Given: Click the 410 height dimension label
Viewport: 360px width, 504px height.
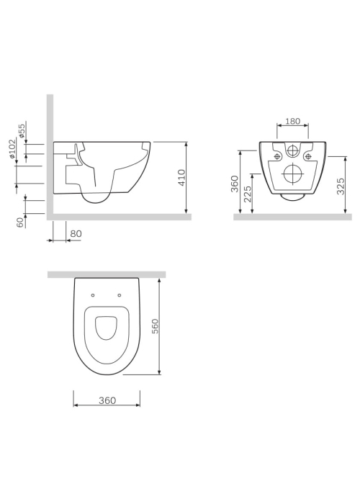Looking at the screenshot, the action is [181, 178].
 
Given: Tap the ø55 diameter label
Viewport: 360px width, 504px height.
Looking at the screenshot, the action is [22, 131].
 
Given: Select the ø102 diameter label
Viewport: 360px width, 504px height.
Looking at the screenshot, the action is [12, 148].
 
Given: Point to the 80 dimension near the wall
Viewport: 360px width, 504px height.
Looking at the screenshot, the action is [76, 233].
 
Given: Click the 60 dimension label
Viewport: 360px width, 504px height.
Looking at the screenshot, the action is [21, 222].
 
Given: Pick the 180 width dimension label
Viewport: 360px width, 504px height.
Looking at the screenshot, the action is [293, 121].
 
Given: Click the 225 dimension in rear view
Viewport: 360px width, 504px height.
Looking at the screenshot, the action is [248, 194].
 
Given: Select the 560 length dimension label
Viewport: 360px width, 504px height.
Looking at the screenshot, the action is [155, 326].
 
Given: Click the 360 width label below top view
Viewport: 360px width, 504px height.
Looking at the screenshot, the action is [107, 400].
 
